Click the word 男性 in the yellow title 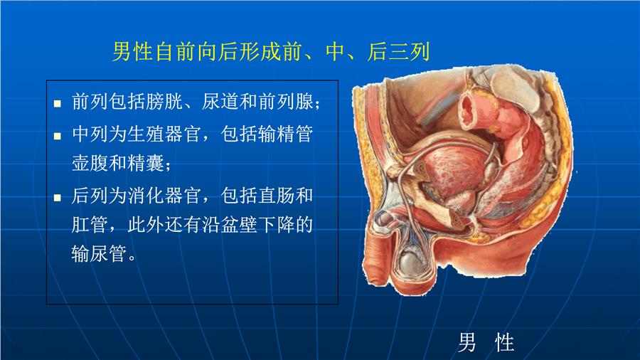click(132, 52)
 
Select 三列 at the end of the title click(410, 52)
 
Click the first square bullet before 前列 click(58, 103)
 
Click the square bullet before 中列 click(58, 136)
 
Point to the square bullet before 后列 click(58, 198)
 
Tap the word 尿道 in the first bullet click(220, 101)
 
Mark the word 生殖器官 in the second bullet click(164, 134)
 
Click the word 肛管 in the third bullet click(90, 225)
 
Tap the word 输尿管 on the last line click(99, 253)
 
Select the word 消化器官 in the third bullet click(164, 196)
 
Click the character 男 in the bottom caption click(467, 342)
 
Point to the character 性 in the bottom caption click(504, 342)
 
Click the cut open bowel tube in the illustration click(474, 110)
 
